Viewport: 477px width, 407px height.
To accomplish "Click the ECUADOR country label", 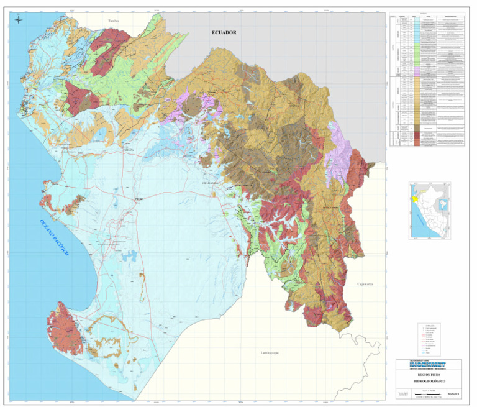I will click(x=224, y=32).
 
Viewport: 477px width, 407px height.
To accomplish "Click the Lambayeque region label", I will click(x=269, y=352).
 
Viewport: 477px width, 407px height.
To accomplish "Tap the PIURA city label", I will click(x=139, y=199).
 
